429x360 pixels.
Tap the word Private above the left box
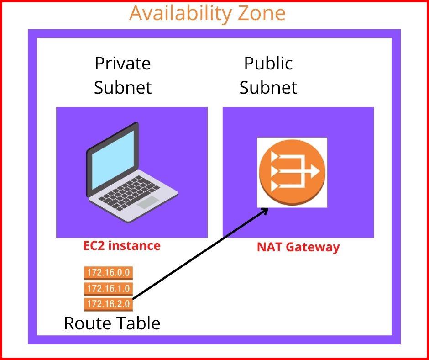[122, 63]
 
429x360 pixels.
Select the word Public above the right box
[268, 63]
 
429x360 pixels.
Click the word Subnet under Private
[122, 87]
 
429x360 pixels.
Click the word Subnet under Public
[268, 87]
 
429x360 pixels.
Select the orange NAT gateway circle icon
[292, 172]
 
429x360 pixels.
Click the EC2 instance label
[122, 246]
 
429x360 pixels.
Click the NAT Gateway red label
[298, 247]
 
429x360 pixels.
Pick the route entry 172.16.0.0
[109, 273]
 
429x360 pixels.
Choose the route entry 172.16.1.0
[109, 288]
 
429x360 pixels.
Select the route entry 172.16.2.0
[109, 303]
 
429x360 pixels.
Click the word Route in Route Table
[86, 323]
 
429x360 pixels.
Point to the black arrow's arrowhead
[263, 211]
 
